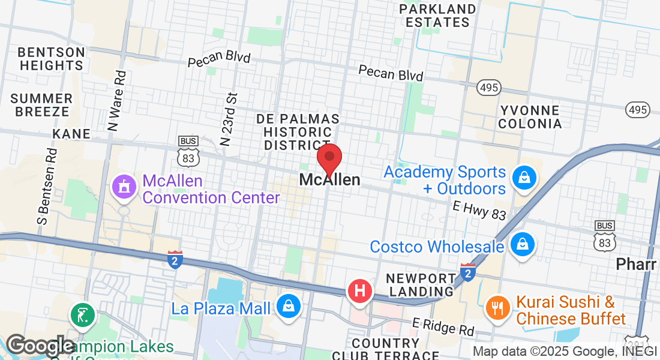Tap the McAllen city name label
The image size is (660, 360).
tap(330, 180)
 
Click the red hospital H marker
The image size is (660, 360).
tap(360, 292)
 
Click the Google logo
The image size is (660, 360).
tap(40, 346)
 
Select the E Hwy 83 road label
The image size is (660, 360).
tap(479, 210)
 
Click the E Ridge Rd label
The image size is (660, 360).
tap(443, 326)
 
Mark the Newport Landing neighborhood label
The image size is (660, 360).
tap(421, 285)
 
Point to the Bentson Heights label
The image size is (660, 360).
tap(52, 59)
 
